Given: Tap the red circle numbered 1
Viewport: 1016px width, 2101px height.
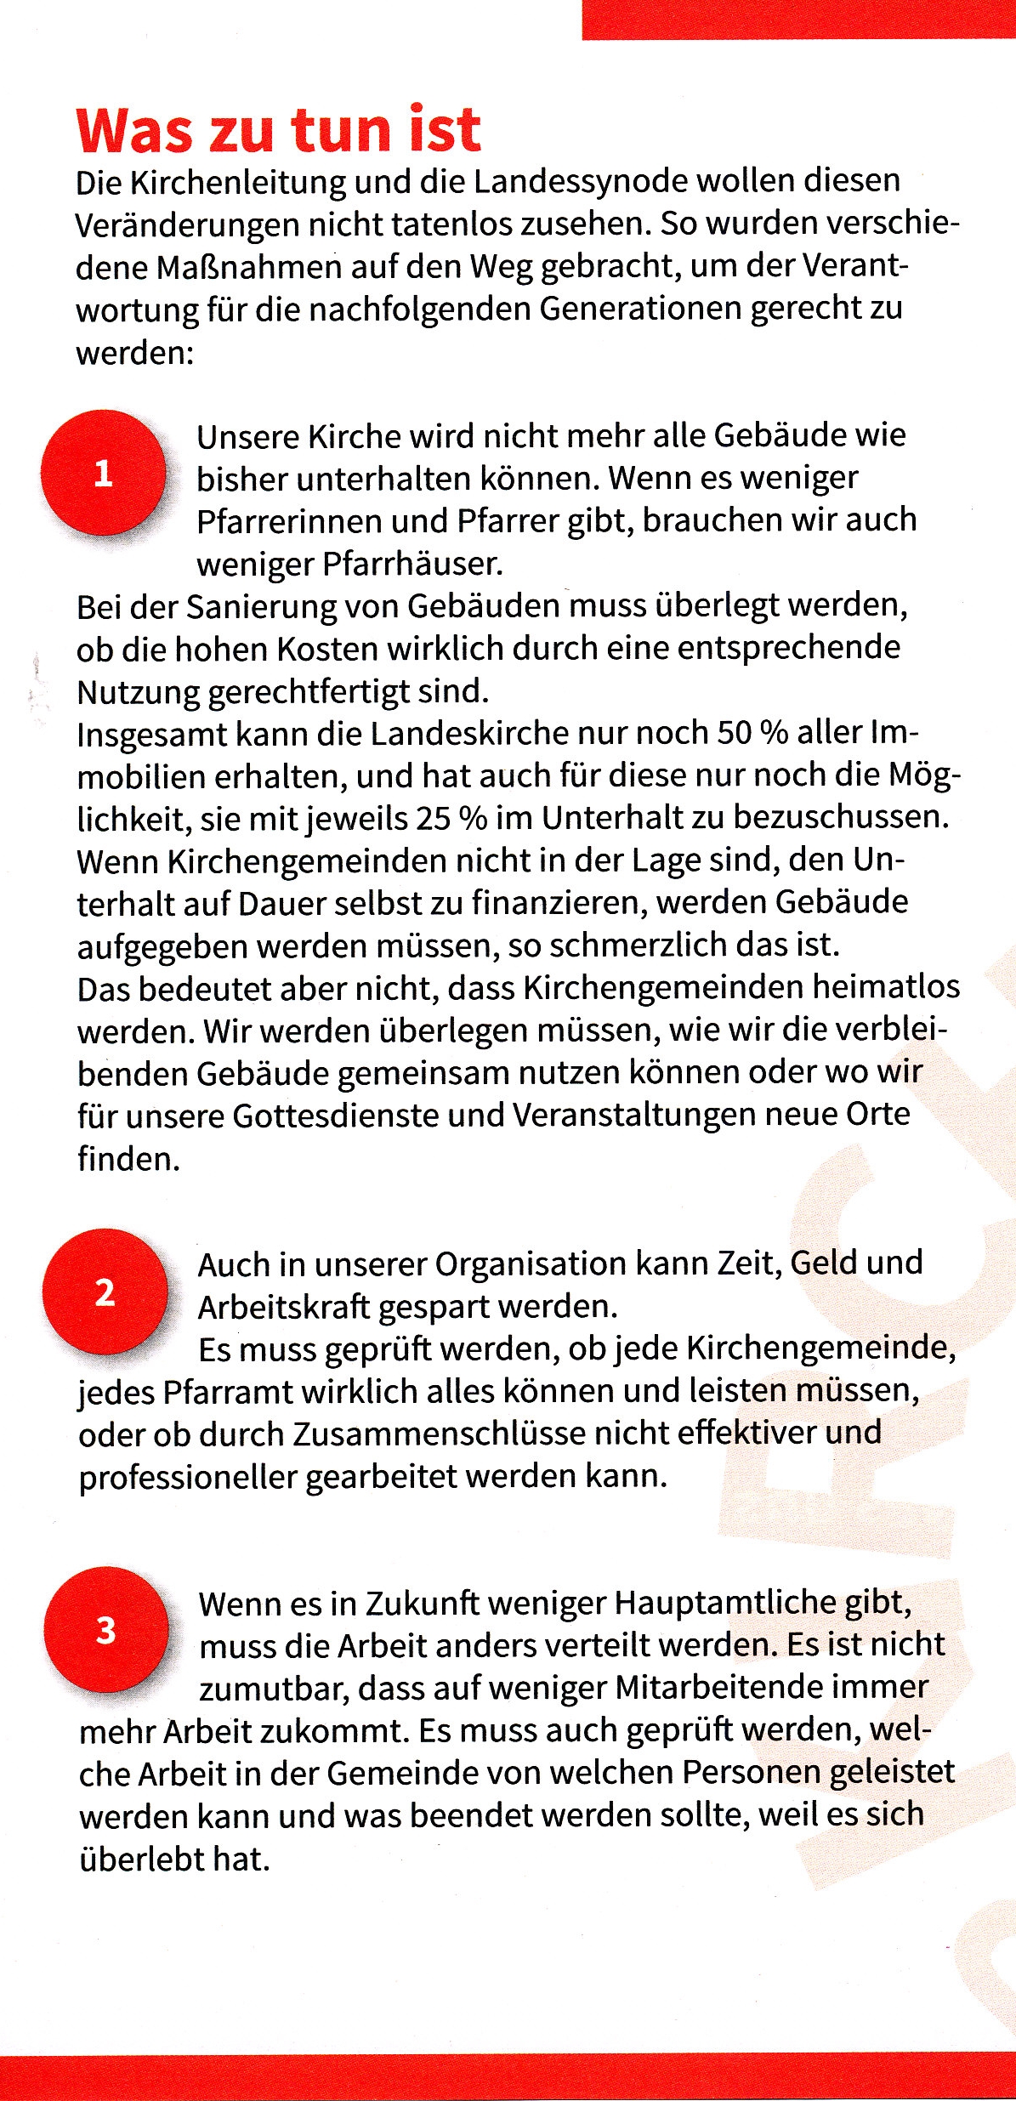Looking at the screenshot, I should pos(103,473).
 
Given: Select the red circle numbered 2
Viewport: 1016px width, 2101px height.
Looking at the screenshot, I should pos(105,1292).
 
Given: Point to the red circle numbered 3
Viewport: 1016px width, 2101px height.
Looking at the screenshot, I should pos(105,1630).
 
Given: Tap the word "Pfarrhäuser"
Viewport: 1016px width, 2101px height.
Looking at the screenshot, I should pos(413,564).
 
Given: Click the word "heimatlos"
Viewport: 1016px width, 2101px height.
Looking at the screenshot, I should pos(886,987).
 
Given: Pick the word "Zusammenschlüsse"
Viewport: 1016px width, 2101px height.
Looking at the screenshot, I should pos(438,1434).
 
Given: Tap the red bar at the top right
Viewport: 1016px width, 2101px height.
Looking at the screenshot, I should pos(798,19).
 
